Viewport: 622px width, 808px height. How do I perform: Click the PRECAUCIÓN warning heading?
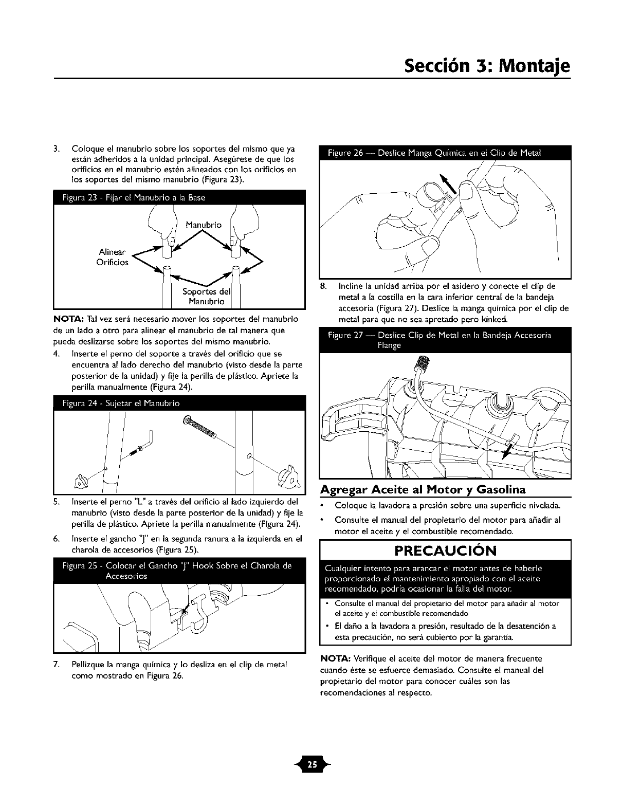tap(445, 550)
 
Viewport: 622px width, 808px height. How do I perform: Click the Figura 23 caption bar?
tap(179, 198)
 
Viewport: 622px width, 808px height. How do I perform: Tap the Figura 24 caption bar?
tap(179, 403)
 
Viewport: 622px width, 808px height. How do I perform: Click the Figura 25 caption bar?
tap(179, 571)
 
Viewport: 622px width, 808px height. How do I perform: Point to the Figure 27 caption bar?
tap(445, 340)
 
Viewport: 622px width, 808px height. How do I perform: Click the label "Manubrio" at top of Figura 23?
tap(204, 225)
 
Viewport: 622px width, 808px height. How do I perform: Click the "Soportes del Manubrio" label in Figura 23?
tap(206, 297)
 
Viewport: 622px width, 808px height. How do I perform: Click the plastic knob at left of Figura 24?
tap(80, 481)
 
